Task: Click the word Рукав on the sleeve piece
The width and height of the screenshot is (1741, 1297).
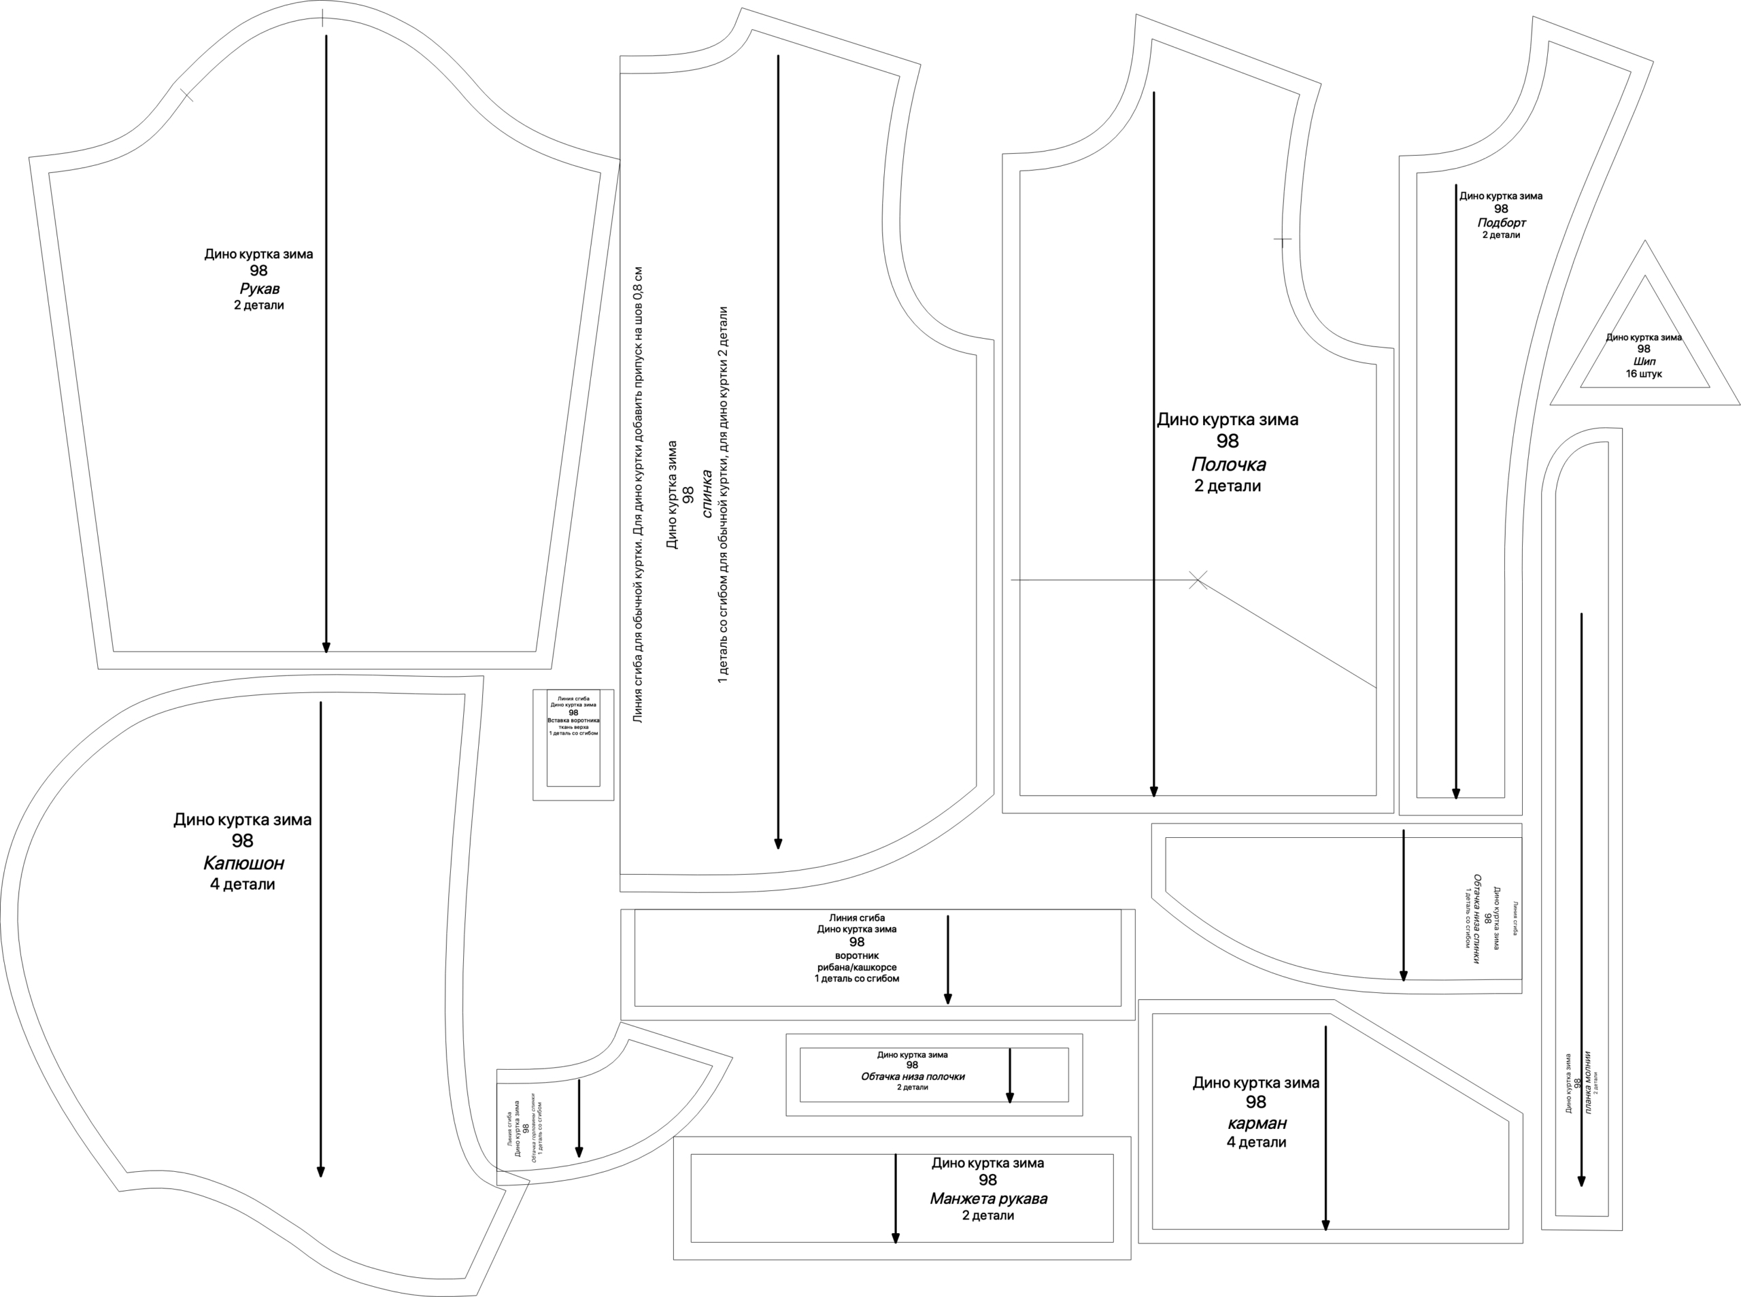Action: (x=259, y=289)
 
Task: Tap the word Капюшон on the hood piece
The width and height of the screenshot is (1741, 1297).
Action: (x=243, y=864)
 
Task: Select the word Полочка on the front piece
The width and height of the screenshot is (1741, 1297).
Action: (x=1228, y=464)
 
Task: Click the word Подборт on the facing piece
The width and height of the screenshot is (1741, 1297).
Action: (x=1501, y=223)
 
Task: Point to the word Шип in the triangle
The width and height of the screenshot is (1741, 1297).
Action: (x=1644, y=362)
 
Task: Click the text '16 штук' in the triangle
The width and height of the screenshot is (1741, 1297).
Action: (x=1644, y=373)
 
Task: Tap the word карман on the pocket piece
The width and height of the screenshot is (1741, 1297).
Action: (x=1256, y=1124)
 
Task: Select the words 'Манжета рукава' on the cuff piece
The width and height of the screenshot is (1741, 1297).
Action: (x=987, y=1199)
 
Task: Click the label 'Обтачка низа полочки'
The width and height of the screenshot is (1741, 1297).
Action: (x=912, y=1077)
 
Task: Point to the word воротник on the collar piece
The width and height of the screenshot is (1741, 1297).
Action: (x=856, y=956)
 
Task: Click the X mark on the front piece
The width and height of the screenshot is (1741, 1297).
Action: (x=1198, y=580)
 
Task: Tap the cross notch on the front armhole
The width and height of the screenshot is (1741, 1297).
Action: (x=1282, y=239)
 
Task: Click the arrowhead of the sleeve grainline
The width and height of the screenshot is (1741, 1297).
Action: (x=326, y=647)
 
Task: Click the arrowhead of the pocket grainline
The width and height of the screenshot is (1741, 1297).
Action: (x=1325, y=1226)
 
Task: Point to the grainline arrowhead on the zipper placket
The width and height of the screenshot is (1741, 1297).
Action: (x=1582, y=1181)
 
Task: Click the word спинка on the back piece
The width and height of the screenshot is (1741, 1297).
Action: (x=707, y=494)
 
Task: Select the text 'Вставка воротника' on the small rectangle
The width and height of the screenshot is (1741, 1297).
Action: (x=573, y=720)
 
